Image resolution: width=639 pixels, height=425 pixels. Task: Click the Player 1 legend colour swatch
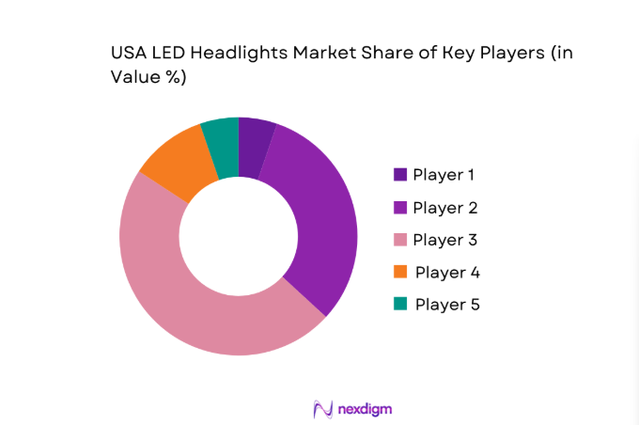pos(400,174)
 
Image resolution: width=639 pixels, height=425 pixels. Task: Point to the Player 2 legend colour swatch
pos(400,207)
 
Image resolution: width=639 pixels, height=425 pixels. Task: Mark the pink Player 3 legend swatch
pos(400,240)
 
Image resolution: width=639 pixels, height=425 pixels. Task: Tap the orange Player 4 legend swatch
pos(400,272)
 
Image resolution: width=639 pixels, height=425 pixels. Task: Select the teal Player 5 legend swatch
pos(400,304)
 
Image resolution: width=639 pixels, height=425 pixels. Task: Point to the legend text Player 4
pos(448,272)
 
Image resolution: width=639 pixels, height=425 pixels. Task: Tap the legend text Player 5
pos(448,304)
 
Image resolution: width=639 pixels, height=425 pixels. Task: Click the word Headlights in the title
pos(235,54)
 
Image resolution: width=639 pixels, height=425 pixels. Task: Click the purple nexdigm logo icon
pos(322,409)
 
